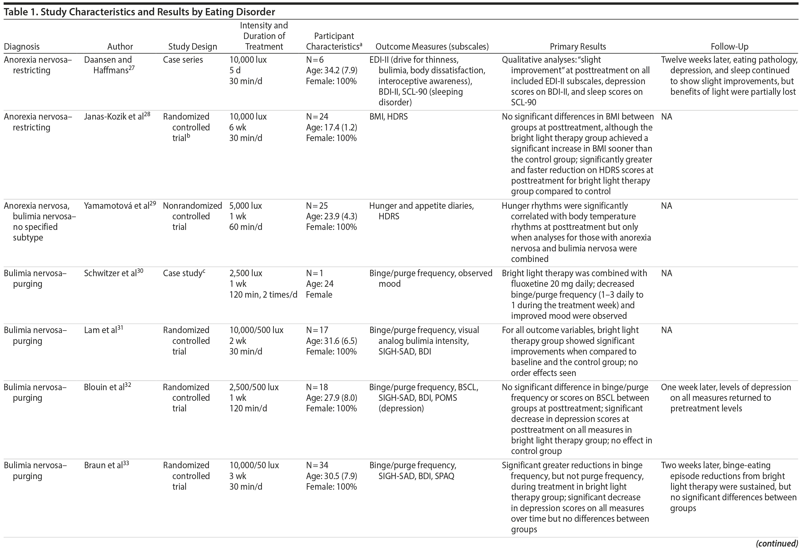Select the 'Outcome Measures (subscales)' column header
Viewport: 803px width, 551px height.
click(x=432, y=47)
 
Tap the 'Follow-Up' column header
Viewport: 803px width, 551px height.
click(x=729, y=47)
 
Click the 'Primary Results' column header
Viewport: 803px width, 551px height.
click(x=578, y=47)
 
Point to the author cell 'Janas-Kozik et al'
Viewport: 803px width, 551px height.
click(x=114, y=117)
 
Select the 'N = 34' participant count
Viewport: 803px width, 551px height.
click(x=317, y=465)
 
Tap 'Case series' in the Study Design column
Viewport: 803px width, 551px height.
click(x=183, y=60)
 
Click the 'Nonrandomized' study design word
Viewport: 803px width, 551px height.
click(x=192, y=206)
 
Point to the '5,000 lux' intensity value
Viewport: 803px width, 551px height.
click(x=245, y=206)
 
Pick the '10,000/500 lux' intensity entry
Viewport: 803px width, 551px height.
click(x=256, y=330)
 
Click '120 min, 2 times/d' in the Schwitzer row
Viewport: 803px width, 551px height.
click(x=263, y=295)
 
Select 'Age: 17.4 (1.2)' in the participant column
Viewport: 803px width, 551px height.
click(x=331, y=127)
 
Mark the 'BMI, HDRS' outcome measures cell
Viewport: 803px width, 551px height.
click(x=388, y=117)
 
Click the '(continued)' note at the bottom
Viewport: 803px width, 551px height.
click(x=777, y=543)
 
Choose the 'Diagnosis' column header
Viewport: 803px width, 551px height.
click(x=21, y=47)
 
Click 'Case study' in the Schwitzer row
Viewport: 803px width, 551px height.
click(x=182, y=273)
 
